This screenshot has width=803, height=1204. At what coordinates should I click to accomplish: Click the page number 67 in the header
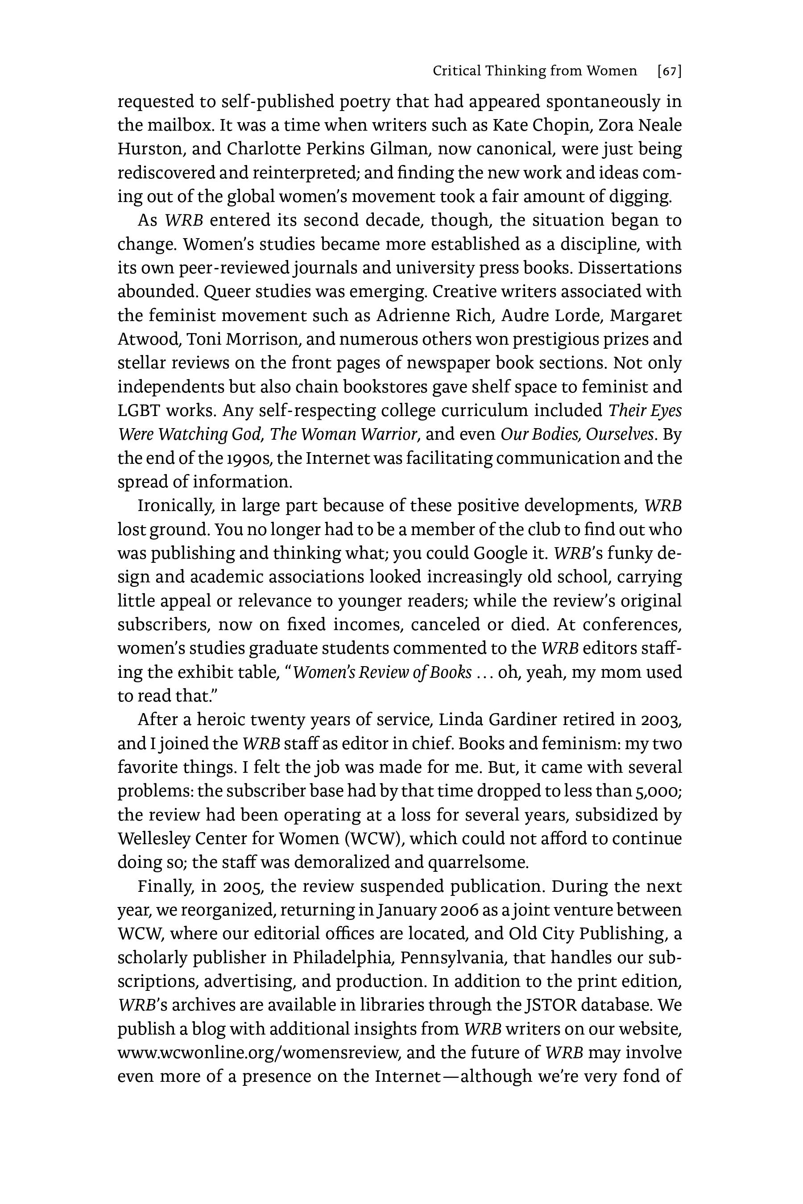tap(669, 71)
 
